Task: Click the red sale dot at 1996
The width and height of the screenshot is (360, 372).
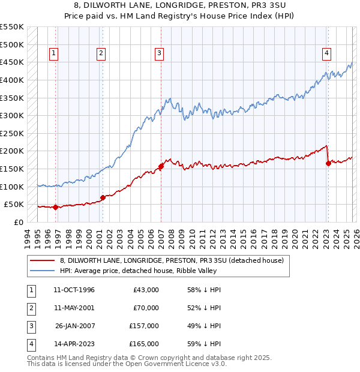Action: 55,207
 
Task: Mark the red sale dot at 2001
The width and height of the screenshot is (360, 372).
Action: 102,197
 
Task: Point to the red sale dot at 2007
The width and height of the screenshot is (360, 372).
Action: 161,167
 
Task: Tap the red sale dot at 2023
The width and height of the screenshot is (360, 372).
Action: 328,164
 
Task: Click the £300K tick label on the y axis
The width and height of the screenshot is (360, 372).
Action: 12,115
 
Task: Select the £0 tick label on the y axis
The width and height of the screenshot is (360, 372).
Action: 19,222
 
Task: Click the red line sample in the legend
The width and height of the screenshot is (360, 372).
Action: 42,260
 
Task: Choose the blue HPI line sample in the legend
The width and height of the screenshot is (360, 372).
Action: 42,271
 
